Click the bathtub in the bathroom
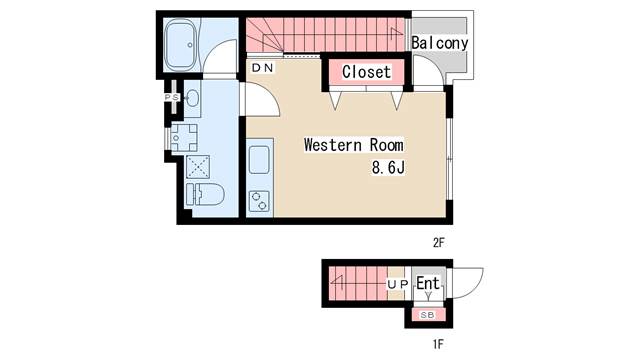tap(181, 45)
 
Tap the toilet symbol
tap(205, 194)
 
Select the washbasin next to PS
tap(192, 98)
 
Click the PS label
tap(172, 98)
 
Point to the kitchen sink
tap(259, 160)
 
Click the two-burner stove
tap(259, 201)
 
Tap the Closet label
tap(366, 72)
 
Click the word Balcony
tap(440, 43)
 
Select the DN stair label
tap(262, 68)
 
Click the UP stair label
tap(398, 284)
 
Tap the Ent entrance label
tap(428, 283)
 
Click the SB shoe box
tap(427, 315)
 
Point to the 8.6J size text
tap(388, 167)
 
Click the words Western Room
tap(353, 145)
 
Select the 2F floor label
tap(438, 243)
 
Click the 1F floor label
tap(438, 344)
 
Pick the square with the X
tap(198, 167)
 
